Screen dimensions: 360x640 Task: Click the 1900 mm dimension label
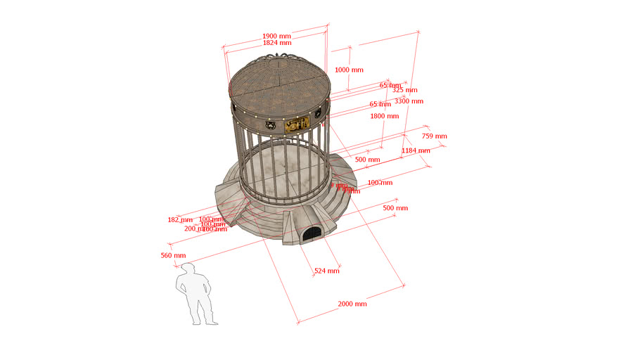tap(276, 36)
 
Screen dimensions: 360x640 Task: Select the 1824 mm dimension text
tap(276, 43)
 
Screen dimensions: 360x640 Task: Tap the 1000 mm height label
tap(349, 70)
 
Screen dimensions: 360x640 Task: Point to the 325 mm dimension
tap(404, 90)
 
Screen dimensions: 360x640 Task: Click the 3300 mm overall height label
tap(409, 101)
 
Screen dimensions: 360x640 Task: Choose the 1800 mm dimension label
tap(385, 116)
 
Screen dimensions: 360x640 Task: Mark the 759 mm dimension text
tap(434, 136)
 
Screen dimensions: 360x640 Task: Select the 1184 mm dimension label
tap(415, 150)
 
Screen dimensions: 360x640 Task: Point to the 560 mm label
tap(173, 255)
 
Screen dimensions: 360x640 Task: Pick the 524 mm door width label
tap(326, 271)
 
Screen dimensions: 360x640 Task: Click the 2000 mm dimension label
tap(352, 304)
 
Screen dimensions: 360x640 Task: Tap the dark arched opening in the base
tap(311, 234)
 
